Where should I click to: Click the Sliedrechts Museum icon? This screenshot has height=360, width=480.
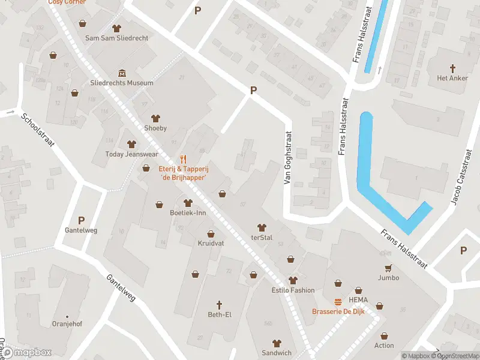(122, 73)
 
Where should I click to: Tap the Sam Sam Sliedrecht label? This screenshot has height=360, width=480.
(116, 37)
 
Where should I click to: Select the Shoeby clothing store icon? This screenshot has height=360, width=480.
(155, 118)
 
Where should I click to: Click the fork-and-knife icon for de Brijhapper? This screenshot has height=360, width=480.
(184, 160)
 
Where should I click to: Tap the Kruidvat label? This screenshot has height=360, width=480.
(211, 244)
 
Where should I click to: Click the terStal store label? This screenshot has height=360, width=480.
(262, 238)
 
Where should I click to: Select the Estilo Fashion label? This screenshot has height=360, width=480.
(293, 290)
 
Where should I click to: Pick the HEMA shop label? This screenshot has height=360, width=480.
(358, 300)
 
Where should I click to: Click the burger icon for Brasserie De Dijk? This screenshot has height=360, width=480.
(338, 301)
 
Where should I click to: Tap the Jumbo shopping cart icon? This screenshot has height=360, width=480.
(388, 268)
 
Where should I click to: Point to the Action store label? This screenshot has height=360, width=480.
(384, 345)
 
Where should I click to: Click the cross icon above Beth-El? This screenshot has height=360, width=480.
(220, 304)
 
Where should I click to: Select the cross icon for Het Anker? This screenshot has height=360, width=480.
(452, 68)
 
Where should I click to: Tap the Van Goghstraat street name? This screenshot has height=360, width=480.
(288, 158)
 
